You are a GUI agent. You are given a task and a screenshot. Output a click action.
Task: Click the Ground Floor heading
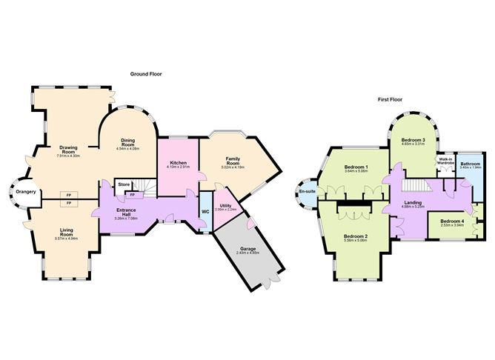pyautogui.click(x=146, y=74)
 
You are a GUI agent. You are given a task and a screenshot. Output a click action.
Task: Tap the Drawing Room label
pyautogui.click(x=68, y=149)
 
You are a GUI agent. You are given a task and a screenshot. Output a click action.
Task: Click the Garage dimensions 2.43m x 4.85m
pyautogui.click(x=248, y=253)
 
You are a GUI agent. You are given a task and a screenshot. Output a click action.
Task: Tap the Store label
pyautogui.click(x=124, y=184)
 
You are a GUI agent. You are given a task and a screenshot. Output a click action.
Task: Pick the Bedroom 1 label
pyautogui.click(x=356, y=167)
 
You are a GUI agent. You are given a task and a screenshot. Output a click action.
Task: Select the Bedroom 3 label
pyautogui.click(x=413, y=139)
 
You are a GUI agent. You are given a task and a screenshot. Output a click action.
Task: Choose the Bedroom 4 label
pyautogui.click(x=451, y=221)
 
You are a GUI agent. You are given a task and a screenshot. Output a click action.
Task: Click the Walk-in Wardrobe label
pyautogui.click(x=445, y=161)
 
